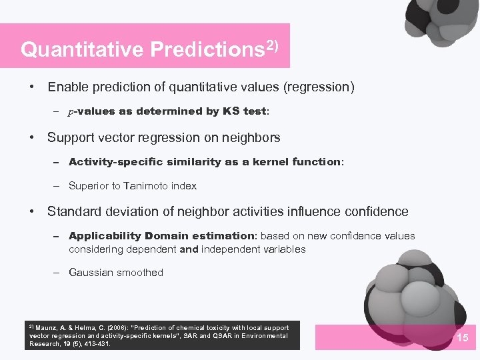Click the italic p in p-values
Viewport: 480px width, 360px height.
(71, 112)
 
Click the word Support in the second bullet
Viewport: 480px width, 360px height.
(71, 138)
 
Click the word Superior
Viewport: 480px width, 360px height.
(89, 186)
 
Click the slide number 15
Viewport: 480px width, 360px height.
(462, 338)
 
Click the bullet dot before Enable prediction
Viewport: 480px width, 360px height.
(31, 87)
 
